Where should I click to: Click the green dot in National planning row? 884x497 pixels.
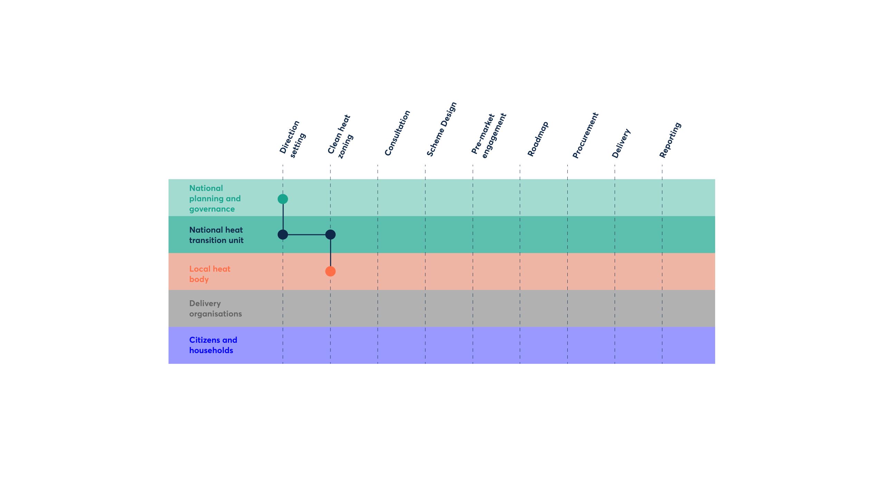point(283,199)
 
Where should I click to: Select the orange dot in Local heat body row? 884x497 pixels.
point(330,271)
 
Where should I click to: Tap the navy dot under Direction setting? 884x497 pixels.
point(283,235)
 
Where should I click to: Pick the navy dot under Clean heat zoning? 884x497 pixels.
point(330,235)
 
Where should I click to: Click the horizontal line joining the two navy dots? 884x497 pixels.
point(307,235)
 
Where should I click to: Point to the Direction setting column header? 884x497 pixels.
point(292,139)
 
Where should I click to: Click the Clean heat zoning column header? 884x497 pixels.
point(340,136)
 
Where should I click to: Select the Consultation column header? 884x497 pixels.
point(397,133)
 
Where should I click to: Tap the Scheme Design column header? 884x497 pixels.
point(442,129)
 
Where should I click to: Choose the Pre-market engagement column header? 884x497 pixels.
point(489,135)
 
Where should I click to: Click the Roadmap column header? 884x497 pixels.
point(538,139)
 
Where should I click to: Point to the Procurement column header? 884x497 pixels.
point(585,135)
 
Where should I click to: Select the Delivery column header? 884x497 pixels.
point(621,143)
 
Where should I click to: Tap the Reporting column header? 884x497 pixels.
point(670,140)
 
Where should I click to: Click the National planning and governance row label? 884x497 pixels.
point(215,198)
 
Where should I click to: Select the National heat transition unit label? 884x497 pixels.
point(216,235)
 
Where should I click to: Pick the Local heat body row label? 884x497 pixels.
point(210,274)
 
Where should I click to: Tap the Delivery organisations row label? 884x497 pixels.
point(215,309)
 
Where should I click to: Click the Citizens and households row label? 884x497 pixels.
point(213,345)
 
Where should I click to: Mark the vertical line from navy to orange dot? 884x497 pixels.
point(330,253)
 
